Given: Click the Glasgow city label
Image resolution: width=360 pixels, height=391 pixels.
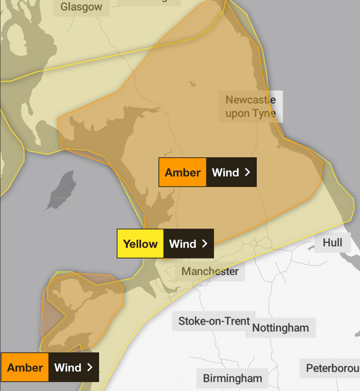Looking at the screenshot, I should tap(81, 7).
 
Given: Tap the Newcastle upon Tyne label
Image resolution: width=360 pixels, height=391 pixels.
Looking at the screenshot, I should tap(251, 106).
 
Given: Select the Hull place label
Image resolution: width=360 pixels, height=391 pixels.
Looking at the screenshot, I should tap(332, 243).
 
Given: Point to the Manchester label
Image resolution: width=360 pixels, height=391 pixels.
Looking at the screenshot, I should tap(210, 272).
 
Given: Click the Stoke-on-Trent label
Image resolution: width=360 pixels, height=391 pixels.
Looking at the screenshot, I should tap(214, 321).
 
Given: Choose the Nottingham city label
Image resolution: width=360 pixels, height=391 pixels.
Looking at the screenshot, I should tap(280, 328).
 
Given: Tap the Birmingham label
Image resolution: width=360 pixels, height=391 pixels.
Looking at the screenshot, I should tap(233, 378).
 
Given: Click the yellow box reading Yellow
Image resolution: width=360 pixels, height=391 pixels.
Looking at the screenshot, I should tap(140, 244).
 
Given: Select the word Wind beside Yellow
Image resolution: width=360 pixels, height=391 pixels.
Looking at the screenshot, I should tap(183, 244).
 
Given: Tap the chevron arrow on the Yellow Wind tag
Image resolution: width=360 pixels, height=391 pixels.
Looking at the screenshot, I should tap(205, 244).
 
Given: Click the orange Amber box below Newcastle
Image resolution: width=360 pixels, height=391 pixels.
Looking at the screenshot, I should tap(183, 173).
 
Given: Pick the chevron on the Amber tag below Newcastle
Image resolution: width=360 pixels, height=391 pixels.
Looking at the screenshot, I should tap(248, 172).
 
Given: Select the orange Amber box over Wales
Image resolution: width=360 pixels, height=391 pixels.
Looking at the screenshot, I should tap(25, 368).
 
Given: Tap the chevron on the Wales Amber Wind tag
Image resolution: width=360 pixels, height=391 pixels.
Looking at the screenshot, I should tap(90, 368).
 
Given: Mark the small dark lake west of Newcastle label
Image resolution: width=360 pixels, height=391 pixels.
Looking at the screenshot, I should tap(192, 84).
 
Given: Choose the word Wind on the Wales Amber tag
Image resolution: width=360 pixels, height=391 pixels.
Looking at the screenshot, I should tap(68, 368).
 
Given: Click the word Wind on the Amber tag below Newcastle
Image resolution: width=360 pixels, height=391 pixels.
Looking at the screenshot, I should tap(226, 173).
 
